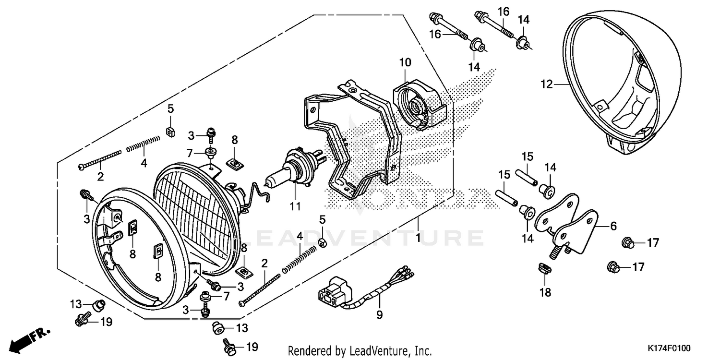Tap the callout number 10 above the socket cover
[x=405, y=62]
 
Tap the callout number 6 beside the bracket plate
[x=613, y=226]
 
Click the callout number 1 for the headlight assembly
[x=418, y=238]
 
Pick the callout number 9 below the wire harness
[x=379, y=315]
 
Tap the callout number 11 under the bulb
[x=295, y=207]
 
